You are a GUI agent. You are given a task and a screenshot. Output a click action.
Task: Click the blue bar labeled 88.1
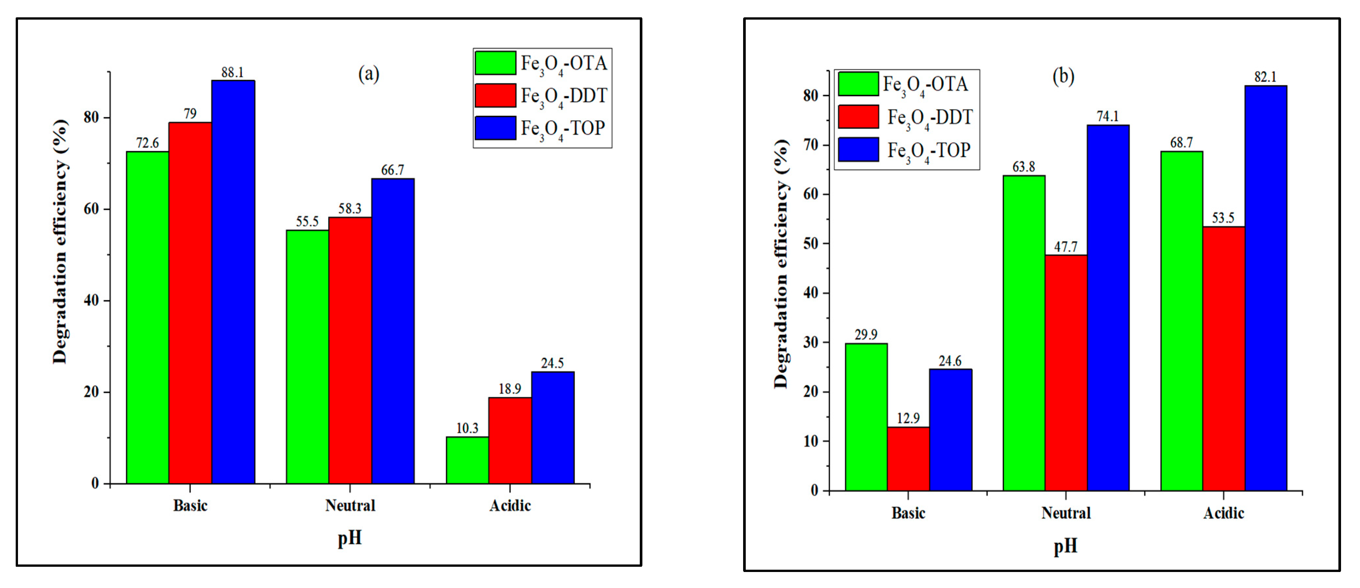(233, 282)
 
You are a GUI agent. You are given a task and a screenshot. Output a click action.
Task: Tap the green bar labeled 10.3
(467, 460)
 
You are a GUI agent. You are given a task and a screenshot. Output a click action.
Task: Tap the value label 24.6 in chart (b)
(950, 361)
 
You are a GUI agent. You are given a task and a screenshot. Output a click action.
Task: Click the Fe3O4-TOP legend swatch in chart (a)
(495, 128)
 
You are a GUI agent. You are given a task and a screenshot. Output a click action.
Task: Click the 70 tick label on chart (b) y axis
(811, 145)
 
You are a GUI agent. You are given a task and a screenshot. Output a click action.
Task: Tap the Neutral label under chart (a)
(350, 506)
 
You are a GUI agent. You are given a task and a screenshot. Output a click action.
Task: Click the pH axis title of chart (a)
(350, 538)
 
